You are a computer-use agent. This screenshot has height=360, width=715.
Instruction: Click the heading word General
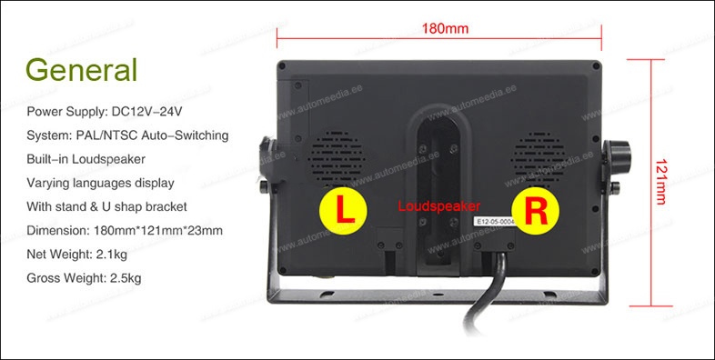coord(82,70)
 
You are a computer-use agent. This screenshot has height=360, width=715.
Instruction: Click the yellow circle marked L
coord(343,211)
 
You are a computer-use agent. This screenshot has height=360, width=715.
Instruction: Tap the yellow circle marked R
coord(538,211)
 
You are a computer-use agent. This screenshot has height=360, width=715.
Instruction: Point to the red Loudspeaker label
coord(439,206)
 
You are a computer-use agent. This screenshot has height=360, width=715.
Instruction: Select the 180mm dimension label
coord(445,28)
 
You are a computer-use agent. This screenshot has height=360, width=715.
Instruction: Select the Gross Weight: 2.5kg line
coord(85,277)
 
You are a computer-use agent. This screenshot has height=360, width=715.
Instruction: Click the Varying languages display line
coord(100,183)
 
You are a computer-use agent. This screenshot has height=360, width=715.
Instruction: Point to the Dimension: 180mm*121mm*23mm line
coord(126,230)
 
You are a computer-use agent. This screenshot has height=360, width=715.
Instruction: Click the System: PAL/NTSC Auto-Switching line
coord(127,135)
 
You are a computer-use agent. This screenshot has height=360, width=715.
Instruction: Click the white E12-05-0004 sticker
coord(495,221)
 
